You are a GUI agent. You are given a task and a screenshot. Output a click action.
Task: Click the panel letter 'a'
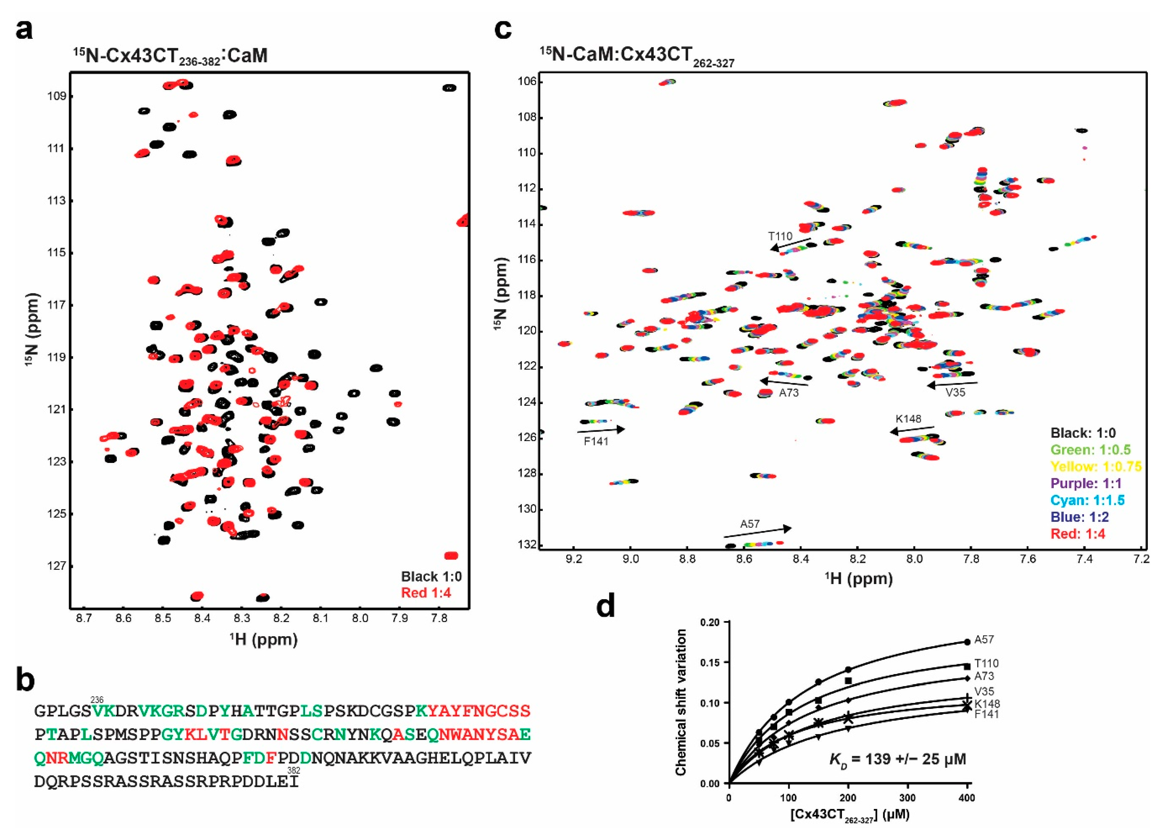(x=24, y=30)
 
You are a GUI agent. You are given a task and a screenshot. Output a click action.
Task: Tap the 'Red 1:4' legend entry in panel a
(x=426, y=593)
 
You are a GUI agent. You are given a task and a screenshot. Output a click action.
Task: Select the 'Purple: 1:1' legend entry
(x=1086, y=483)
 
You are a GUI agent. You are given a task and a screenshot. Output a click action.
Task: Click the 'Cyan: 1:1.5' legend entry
(x=1087, y=500)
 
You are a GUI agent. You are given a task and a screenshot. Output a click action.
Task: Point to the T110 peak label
(x=780, y=236)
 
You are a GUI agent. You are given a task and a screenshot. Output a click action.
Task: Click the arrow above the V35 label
(x=952, y=384)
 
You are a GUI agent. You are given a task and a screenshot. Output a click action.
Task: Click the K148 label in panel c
(x=908, y=419)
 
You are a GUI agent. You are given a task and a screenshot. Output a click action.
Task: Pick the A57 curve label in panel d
(x=984, y=640)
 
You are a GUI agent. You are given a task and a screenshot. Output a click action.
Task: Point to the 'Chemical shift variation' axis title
(x=681, y=703)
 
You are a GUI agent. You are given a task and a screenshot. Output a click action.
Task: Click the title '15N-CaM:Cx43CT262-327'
(x=636, y=55)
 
